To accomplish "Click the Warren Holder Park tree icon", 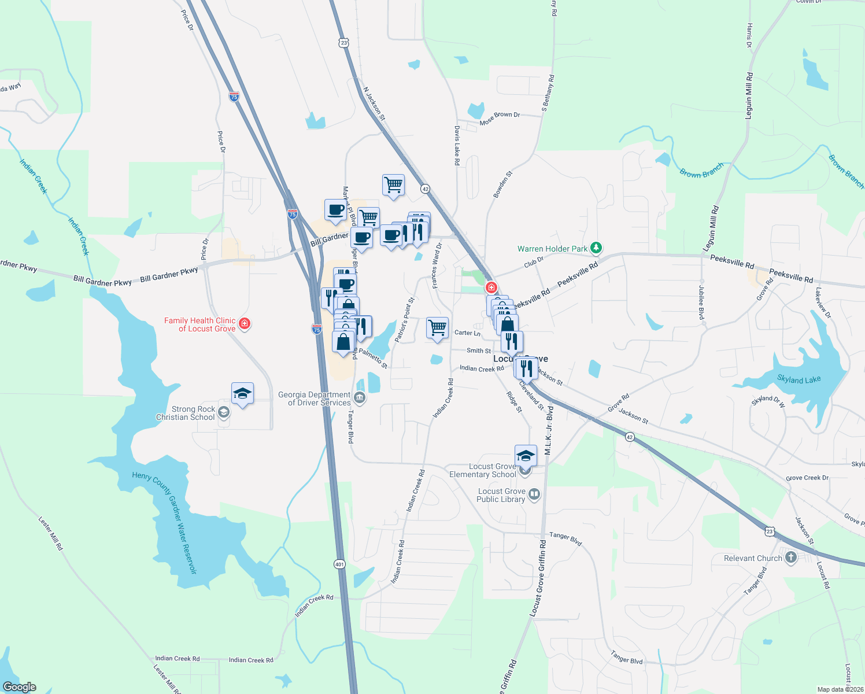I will tap(597, 248).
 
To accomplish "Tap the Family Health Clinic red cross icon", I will tap(245, 323).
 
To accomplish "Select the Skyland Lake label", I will tap(799, 380).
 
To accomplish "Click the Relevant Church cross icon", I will tap(791, 558).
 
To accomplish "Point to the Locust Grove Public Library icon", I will tap(534, 494).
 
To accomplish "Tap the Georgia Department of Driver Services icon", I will tap(360, 397).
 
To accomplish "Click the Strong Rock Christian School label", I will tap(186, 413).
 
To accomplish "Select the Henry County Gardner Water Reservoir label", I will tap(165, 522).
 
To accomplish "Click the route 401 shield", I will tap(339, 564).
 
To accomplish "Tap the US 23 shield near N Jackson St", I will tap(344, 43).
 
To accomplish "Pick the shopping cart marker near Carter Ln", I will tap(437, 328).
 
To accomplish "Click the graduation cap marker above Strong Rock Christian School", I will tap(242, 394).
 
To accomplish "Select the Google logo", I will tap(20, 687).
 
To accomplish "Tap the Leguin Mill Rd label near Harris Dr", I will tap(749, 96).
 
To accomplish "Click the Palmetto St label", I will tap(373, 357).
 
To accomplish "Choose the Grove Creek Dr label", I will tap(807, 478).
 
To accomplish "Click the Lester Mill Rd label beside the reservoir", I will tap(51, 533).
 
